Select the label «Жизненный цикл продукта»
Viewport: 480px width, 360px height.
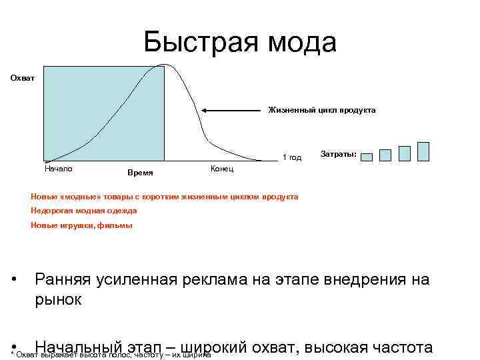click(322, 109)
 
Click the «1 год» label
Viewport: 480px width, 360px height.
click(292, 158)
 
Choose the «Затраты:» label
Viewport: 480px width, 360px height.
click(339, 155)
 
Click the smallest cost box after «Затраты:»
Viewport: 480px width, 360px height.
click(385, 155)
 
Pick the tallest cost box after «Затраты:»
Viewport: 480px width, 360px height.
click(423, 151)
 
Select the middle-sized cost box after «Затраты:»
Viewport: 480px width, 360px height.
click(404, 153)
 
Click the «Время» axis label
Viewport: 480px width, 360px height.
click(140, 173)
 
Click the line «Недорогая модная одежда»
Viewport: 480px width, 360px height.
click(84, 211)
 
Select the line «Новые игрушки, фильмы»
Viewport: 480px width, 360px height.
click(82, 225)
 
